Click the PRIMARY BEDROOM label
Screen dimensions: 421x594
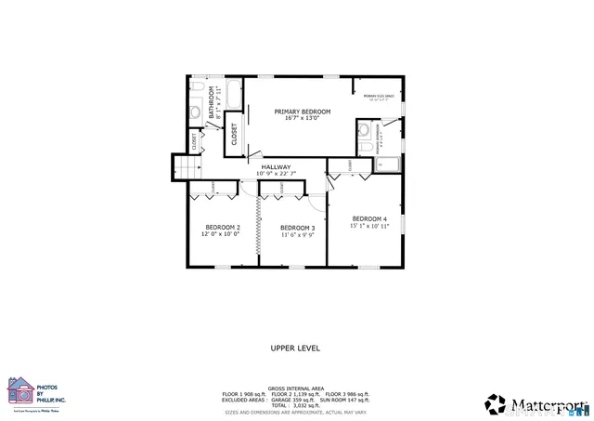pos(303,112)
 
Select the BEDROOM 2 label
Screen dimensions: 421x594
pos(223,228)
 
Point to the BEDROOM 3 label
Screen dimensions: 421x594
pos(298,228)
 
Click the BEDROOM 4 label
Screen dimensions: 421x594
pos(369,218)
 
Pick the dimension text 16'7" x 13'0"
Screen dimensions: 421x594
pos(303,119)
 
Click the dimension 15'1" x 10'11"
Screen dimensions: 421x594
pos(369,226)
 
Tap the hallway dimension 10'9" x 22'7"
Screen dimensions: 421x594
pos(276,174)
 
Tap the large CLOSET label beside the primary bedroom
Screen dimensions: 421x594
pos(234,134)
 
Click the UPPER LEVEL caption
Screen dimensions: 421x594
pos(295,348)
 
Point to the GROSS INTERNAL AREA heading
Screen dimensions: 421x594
pos(295,388)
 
